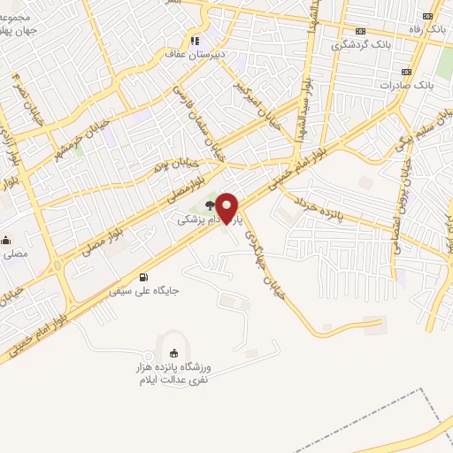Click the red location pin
tap(227, 208)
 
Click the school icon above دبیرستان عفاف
tap(194, 40)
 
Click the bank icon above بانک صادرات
tap(406, 72)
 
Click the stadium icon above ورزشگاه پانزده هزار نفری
tap(173, 353)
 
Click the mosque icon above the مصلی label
tap(4, 240)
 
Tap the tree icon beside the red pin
tap(209, 203)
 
